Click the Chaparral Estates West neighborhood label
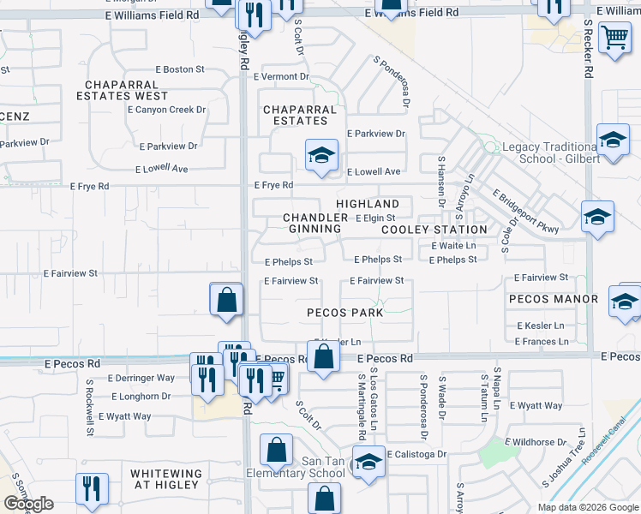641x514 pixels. tap(123, 90)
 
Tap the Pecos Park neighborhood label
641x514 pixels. tap(344, 313)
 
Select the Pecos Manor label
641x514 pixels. tap(552, 299)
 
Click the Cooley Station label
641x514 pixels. tap(434, 230)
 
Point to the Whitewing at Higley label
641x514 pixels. tap(166, 480)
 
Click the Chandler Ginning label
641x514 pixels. tap(315, 224)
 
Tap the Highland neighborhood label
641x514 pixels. tap(368, 204)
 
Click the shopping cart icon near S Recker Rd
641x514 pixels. tap(614, 38)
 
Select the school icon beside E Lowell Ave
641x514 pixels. tap(321, 155)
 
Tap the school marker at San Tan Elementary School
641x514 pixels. tap(368, 462)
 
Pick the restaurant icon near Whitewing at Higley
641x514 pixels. tap(92, 488)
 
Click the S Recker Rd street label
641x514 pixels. tap(588, 50)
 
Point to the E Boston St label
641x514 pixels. tap(180, 69)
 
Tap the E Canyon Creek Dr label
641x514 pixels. tap(171, 110)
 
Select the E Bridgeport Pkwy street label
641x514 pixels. tap(524, 211)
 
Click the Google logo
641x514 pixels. tap(28, 504)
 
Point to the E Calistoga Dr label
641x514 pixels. tap(416, 454)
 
